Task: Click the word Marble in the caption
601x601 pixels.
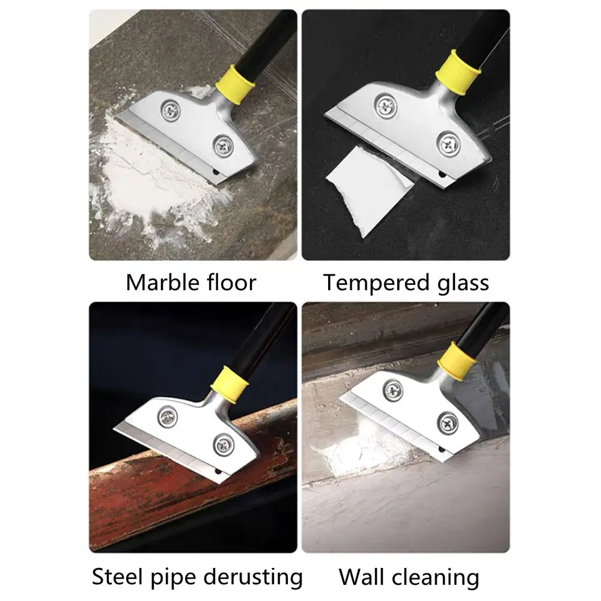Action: (x=162, y=283)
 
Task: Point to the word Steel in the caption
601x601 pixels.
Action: (x=117, y=576)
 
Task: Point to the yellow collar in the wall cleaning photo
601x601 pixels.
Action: (x=457, y=359)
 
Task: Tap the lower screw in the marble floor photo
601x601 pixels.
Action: (x=224, y=145)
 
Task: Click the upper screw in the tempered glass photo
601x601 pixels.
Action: (x=386, y=105)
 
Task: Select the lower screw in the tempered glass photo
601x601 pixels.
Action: (x=448, y=144)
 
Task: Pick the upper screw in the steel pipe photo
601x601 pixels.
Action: (x=168, y=416)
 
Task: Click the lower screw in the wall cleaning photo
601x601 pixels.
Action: (x=448, y=423)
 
